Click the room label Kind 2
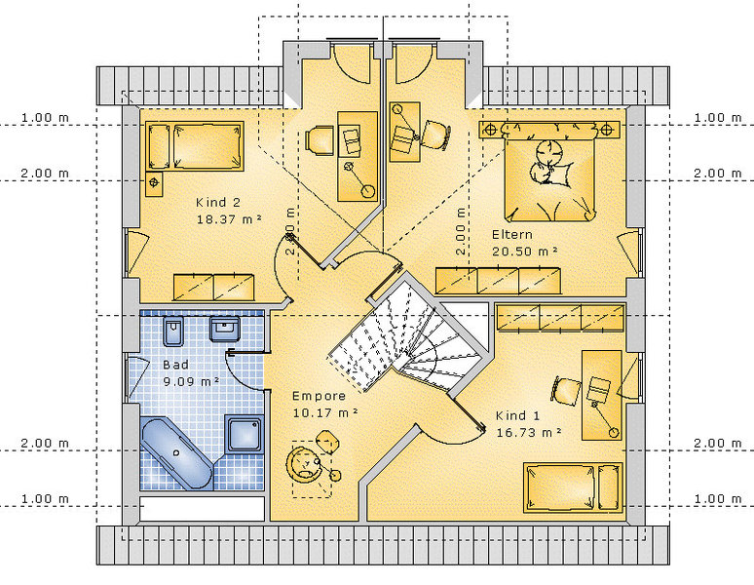tap(218, 203)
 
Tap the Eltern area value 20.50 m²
tap(525, 252)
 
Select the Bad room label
tap(175, 365)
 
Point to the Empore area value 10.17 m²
tap(325, 412)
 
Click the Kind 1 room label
tap(517, 415)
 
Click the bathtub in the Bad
tap(176, 453)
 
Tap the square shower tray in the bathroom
tap(245, 435)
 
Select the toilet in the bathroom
tap(173, 331)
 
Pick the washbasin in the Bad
tap(225, 330)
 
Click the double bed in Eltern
tap(549, 172)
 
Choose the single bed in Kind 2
tap(195, 146)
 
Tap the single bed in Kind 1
tap(573, 487)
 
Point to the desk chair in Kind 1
tap(565, 390)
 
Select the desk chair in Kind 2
tap(320, 140)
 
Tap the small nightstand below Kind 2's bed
tap(154, 183)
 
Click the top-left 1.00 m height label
tap(45, 117)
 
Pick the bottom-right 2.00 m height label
tap(717, 443)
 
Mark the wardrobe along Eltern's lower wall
tap(498, 281)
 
